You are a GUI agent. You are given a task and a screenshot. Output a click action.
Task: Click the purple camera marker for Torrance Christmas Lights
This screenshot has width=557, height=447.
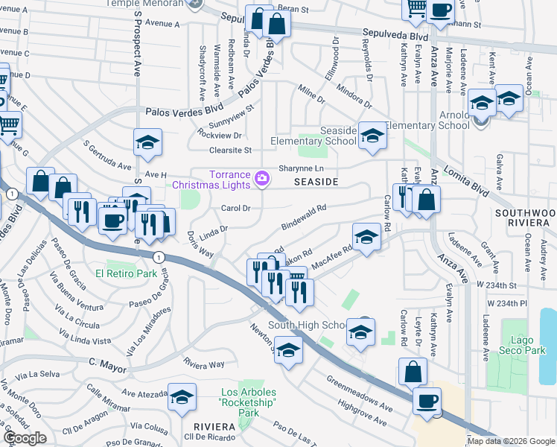[261, 178]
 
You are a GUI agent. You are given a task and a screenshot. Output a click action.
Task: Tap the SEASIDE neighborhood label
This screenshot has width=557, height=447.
[316, 182]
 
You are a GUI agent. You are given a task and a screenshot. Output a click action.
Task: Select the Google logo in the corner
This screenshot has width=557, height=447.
[25, 437]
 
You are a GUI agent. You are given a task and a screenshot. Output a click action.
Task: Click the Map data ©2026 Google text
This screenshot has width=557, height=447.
[511, 441]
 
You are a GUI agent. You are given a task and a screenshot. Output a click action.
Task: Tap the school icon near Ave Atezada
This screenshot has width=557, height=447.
[182, 399]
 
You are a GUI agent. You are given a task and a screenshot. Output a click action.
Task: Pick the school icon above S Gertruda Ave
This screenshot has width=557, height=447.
[147, 143]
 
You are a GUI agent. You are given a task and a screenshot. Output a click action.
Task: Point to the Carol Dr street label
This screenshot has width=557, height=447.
[235, 208]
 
